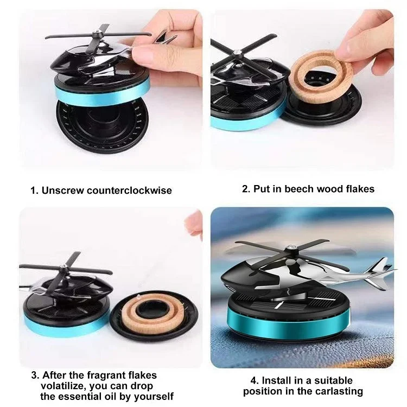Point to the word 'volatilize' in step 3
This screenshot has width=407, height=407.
pos(66,386)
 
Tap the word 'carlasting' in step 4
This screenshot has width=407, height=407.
pos(341,391)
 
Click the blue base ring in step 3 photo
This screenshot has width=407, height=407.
pos(65,322)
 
